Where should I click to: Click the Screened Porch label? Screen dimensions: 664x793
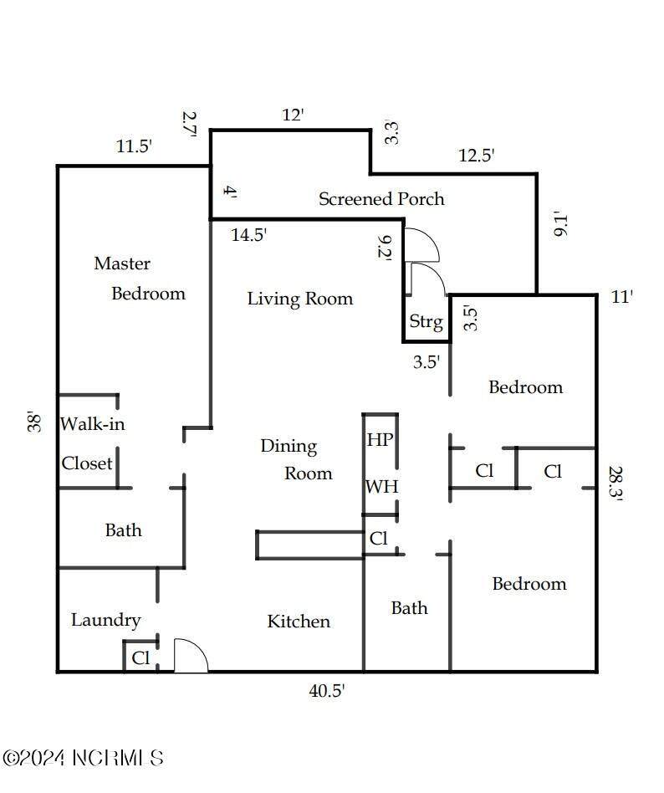coord(381,199)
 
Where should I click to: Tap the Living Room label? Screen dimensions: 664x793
coord(300,299)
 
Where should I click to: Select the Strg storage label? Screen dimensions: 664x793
coord(426,321)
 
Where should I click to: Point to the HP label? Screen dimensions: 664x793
coord(380,439)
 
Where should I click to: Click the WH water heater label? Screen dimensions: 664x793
coord(382,487)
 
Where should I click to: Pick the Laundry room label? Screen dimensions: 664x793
coord(105,620)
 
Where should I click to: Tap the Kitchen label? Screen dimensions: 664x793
coord(299,621)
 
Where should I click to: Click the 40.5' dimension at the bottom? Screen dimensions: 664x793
coord(327,690)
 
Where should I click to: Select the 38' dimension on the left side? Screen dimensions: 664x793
coord(33,422)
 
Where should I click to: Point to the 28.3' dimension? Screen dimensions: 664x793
coord(615,483)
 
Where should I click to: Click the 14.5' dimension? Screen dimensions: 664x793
coord(249,235)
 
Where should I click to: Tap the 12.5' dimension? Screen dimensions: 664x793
coord(477,155)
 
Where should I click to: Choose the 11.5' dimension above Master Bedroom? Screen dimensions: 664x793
coord(134,146)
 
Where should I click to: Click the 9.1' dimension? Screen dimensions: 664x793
coord(561,224)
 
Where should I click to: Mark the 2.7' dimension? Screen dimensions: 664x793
coord(190,125)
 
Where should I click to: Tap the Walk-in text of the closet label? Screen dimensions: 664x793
coord(93,424)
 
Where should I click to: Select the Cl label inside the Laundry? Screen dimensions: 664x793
coord(140,658)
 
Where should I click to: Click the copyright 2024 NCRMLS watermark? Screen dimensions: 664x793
coord(84,758)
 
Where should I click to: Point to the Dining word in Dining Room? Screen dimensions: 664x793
coord(289,447)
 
